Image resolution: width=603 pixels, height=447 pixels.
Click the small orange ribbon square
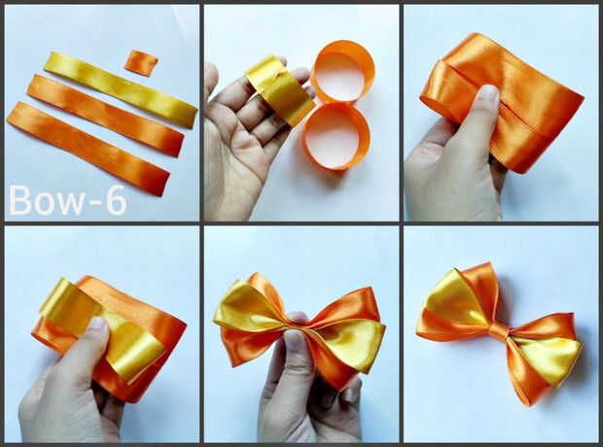click(141, 63)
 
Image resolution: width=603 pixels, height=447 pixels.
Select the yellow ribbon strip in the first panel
click(121, 89)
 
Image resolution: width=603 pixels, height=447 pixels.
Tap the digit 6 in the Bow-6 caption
click(116, 200)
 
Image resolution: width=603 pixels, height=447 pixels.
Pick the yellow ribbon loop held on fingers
click(280, 90)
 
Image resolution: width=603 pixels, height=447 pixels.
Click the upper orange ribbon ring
click(342, 72)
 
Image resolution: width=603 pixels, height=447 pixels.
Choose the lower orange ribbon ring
click(337, 136)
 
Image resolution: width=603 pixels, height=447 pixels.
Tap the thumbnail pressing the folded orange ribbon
click(487, 93)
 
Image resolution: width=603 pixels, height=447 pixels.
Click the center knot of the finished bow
click(499, 330)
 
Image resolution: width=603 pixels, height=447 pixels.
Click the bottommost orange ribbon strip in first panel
click(89, 149)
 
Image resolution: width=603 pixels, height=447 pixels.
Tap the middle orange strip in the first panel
click(105, 116)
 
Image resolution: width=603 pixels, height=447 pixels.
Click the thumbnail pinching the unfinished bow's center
click(294, 339)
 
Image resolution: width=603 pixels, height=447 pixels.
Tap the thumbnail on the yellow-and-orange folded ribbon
click(96, 326)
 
